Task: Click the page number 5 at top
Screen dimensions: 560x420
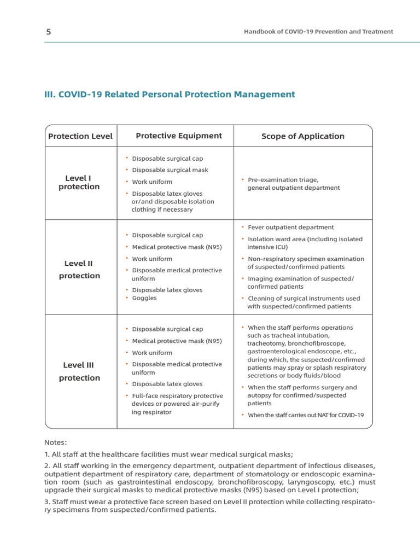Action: (49, 32)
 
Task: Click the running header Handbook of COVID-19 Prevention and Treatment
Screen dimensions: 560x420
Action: (318, 32)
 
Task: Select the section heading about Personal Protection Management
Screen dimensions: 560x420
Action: (170, 95)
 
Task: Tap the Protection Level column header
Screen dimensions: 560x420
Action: (80, 136)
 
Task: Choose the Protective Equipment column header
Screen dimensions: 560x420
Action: (179, 136)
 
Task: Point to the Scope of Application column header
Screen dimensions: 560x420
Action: (303, 136)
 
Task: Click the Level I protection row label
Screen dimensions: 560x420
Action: (79, 183)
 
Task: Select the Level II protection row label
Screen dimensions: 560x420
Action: (79, 270)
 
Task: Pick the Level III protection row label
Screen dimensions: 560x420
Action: (79, 371)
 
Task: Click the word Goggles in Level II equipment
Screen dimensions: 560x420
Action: (144, 298)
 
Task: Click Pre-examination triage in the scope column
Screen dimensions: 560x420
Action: (283, 179)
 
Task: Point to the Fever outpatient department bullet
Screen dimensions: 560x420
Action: (290, 227)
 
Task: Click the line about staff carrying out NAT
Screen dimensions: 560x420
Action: (305, 415)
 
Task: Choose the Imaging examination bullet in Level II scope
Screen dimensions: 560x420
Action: (300, 283)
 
